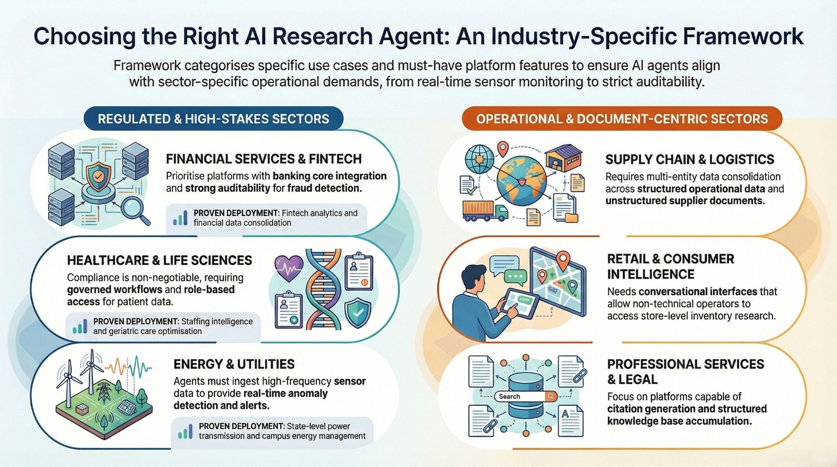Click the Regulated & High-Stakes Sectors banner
click(213, 119)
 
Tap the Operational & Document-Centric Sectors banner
click(622, 119)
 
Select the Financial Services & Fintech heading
click(264, 159)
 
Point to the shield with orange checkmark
click(98, 176)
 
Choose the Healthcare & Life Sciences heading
click(159, 260)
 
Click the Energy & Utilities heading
click(234, 364)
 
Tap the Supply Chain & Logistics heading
click(689, 159)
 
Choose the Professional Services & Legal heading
click(685, 371)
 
